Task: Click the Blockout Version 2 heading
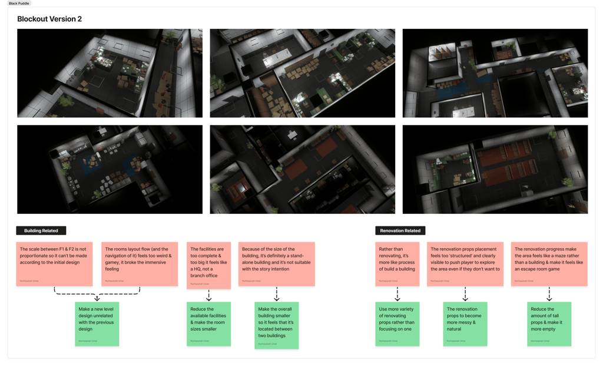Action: pyautogui.click(x=49, y=19)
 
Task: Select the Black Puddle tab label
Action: pyautogui.click(x=19, y=4)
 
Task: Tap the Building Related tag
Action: pyautogui.click(x=41, y=230)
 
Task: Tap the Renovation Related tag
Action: pyautogui.click(x=400, y=230)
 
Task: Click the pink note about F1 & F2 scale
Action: pyautogui.click(x=55, y=263)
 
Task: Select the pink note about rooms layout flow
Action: pyautogui.click(x=140, y=263)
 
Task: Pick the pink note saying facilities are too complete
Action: pyautogui.click(x=208, y=265)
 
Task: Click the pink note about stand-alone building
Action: pyautogui.click(x=276, y=263)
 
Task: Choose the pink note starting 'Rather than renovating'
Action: pyautogui.click(x=397, y=263)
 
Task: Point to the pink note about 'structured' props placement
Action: pyautogui.click(x=465, y=263)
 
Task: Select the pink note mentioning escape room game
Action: pyautogui.click(x=549, y=263)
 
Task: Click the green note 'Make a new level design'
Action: pyautogui.click(x=97, y=324)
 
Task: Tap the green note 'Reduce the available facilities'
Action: pyautogui.click(x=208, y=324)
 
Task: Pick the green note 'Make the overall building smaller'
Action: pyautogui.click(x=276, y=325)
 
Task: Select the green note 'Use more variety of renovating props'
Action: pyautogui.click(x=397, y=324)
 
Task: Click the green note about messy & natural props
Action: pyautogui.click(x=465, y=324)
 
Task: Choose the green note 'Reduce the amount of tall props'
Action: pyautogui.click(x=549, y=324)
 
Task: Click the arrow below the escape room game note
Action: pyautogui.click(x=549, y=294)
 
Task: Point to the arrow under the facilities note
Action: pyautogui.click(x=208, y=295)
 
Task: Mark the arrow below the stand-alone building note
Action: pyautogui.click(x=276, y=294)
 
